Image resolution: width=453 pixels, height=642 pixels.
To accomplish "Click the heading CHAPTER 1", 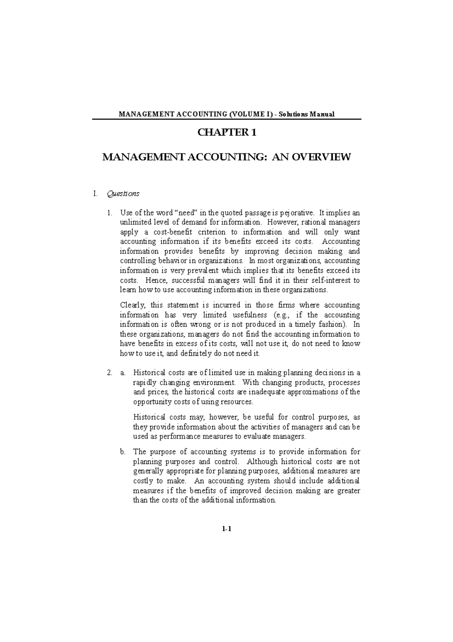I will pyautogui.click(x=227, y=133).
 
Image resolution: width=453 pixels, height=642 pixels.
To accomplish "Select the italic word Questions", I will pyautogui.click(x=123, y=194).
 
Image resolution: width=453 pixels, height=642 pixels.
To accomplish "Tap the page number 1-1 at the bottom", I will pyautogui.click(x=226, y=529).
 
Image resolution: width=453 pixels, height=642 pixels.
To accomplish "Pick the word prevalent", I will pyautogui.click(x=200, y=271).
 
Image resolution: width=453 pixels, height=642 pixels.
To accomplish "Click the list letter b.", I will pyautogui.click(x=122, y=452).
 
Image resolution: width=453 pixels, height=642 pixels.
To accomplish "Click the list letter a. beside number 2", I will pyautogui.click(x=122, y=373).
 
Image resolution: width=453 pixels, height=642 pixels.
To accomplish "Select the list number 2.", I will pyautogui.click(x=109, y=373).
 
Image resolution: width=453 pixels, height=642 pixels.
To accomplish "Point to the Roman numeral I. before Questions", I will pyautogui.click(x=96, y=194).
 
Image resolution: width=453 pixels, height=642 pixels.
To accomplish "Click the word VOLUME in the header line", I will pyautogui.click(x=246, y=114).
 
